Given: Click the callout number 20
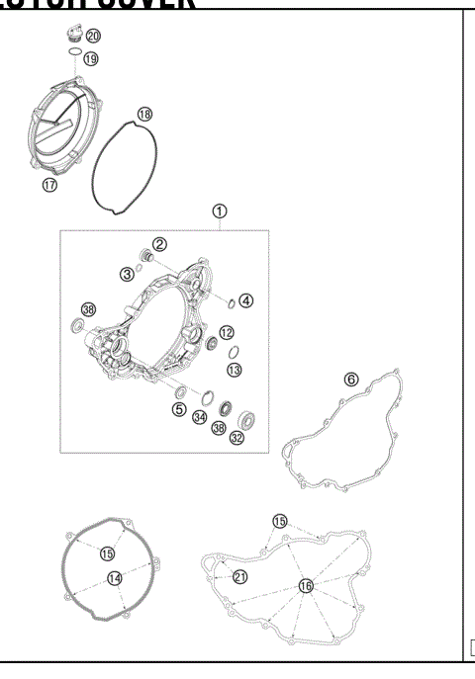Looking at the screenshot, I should pos(93,36).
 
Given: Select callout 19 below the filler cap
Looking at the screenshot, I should pos(91,58).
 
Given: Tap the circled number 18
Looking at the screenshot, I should pos(145,116).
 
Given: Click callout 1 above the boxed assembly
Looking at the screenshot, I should pos(220,211).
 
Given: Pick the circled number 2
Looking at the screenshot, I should pos(158,244).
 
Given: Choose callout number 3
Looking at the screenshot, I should pos(128,273).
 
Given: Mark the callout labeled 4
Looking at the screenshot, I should pos(246,300).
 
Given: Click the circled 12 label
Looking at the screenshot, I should pos(227,332).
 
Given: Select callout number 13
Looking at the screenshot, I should pos(235,369).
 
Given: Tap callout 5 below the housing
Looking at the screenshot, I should pos(179,408).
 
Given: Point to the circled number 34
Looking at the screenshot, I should pos(200,418).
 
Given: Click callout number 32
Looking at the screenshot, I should pos(237,438).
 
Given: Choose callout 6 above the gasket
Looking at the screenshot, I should pos(350,379).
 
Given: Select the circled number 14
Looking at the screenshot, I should pos(115,577).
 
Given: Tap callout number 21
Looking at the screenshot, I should pos(238,576).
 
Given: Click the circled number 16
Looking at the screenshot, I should pos(305,585).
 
